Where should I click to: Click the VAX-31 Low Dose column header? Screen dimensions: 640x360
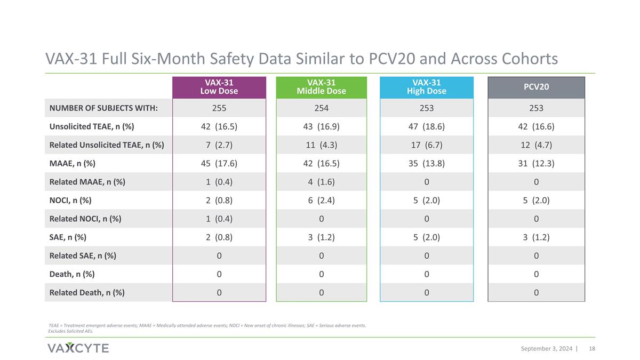pyautogui.click(x=219, y=87)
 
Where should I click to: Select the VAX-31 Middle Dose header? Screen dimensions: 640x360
pyautogui.click(x=322, y=87)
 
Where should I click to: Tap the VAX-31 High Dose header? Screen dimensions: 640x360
pyautogui.click(x=427, y=87)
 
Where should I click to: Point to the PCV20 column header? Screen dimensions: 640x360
pyautogui.click(x=537, y=87)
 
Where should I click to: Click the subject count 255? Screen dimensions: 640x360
pyautogui.click(x=219, y=108)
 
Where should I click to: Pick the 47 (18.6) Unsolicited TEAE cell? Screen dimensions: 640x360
pyautogui.click(x=427, y=126)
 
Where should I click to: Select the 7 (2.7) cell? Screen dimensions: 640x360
pyautogui.click(x=219, y=145)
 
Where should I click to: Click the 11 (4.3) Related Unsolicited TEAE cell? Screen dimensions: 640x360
pyautogui.click(x=322, y=145)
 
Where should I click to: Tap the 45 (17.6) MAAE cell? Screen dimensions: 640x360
pyautogui.click(x=219, y=163)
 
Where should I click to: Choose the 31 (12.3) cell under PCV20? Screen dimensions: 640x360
pyautogui.click(x=537, y=163)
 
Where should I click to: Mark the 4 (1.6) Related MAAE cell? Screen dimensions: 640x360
pyautogui.click(x=322, y=182)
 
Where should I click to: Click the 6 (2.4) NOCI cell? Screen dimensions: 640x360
pyautogui.click(x=322, y=201)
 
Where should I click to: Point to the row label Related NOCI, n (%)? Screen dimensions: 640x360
pyautogui.click(x=85, y=219)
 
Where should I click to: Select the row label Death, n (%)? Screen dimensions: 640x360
pyautogui.click(x=72, y=274)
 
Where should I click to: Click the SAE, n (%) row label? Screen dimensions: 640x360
pyautogui.click(x=68, y=237)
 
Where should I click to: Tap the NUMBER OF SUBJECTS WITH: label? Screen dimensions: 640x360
pyautogui.click(x=103, y=108)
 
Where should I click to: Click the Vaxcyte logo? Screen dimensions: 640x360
pyautogui.click(x=78, y=348)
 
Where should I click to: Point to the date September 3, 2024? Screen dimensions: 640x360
pyautogui.click(x=547, y=349)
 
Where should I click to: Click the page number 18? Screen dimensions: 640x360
pyautogui.click(x=592, y=349)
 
